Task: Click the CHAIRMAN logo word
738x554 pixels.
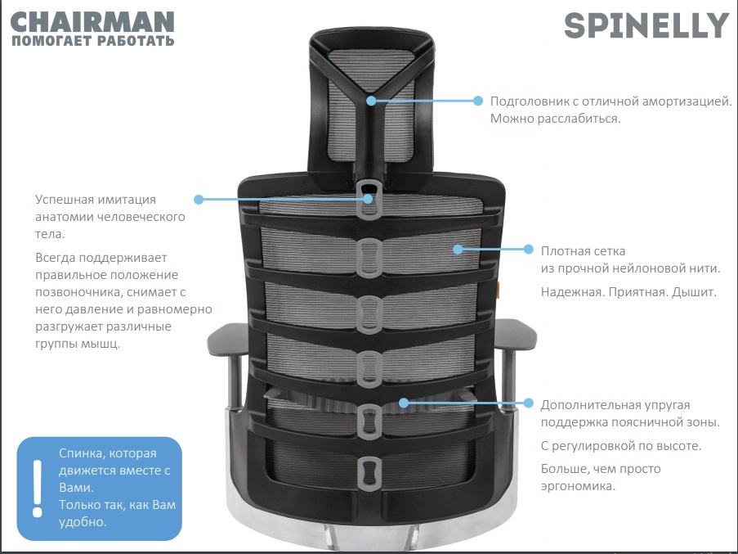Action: pos(92,22)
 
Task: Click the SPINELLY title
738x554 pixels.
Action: pos(646,26)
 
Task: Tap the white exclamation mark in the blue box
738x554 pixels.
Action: pos(37,489)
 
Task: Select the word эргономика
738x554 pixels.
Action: pos(578,486)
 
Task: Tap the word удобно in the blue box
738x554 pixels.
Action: pos(83,522)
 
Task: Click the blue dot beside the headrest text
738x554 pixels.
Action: pos(478,101)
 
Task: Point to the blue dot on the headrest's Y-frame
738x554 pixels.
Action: pos(371,101)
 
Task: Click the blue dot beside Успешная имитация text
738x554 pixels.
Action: pos(199,200)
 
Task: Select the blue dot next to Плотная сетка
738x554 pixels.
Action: pos(529,250)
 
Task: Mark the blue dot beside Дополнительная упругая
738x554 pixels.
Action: pos(529,403)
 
